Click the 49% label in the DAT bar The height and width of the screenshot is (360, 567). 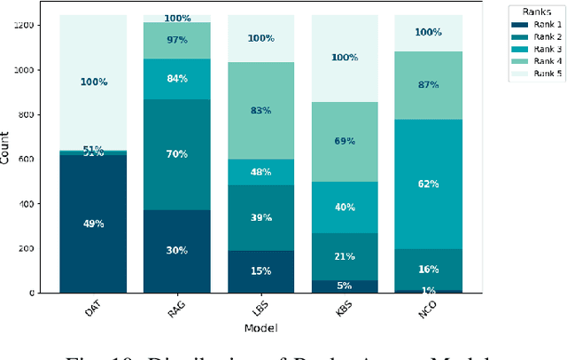93,224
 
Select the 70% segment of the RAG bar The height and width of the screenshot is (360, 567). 177,154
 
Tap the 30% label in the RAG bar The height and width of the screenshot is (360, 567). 177,251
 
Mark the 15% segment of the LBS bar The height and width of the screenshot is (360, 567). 261,271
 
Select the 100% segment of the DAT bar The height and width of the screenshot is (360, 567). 93,82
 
